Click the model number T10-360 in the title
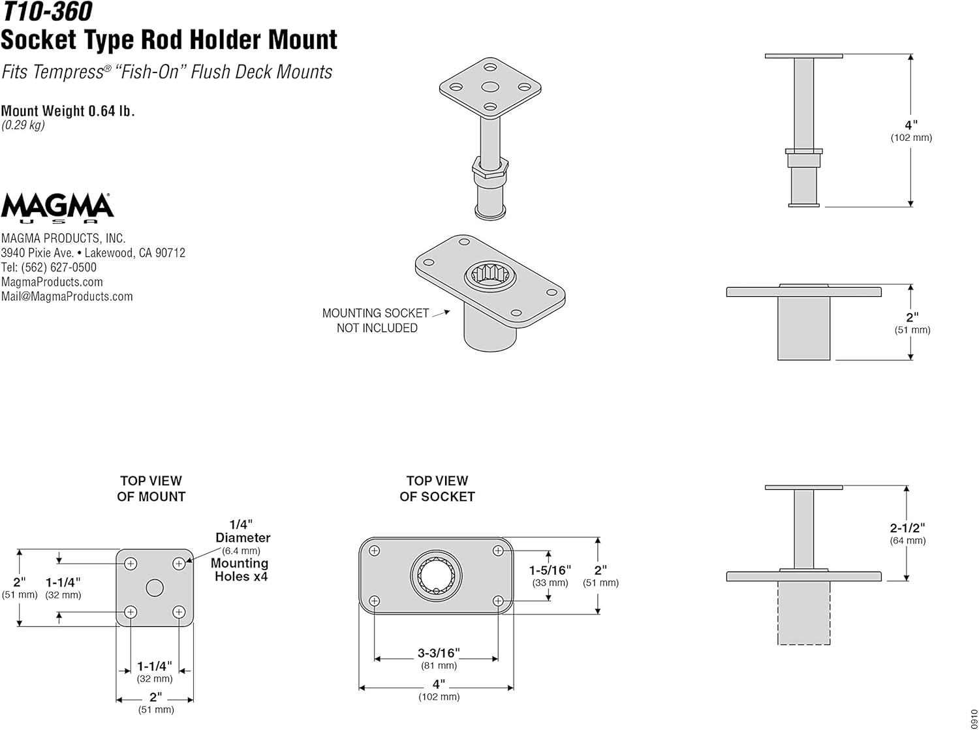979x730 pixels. tap(46, 12)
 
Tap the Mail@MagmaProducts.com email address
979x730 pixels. tap(67, 297)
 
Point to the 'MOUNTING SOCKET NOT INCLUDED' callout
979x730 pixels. tap(376, 320)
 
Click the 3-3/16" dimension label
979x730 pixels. tap(439, 653)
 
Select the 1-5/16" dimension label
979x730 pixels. tap(550, 571)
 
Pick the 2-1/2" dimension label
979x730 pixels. tap(907, 528)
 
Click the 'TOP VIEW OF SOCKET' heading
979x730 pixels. tap(437, 489)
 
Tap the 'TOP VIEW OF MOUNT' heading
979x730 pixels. tap(151, 489)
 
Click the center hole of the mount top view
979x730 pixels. tap(155, 588)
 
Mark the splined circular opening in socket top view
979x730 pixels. tap(436, 575)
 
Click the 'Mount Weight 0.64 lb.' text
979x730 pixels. tap(68, 111)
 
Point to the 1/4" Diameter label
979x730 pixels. tap(241, 531)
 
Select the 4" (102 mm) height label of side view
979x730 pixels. tap(911, 125)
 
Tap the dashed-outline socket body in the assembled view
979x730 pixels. tap(803, 613)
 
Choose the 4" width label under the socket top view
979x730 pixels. tap(439, 684)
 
